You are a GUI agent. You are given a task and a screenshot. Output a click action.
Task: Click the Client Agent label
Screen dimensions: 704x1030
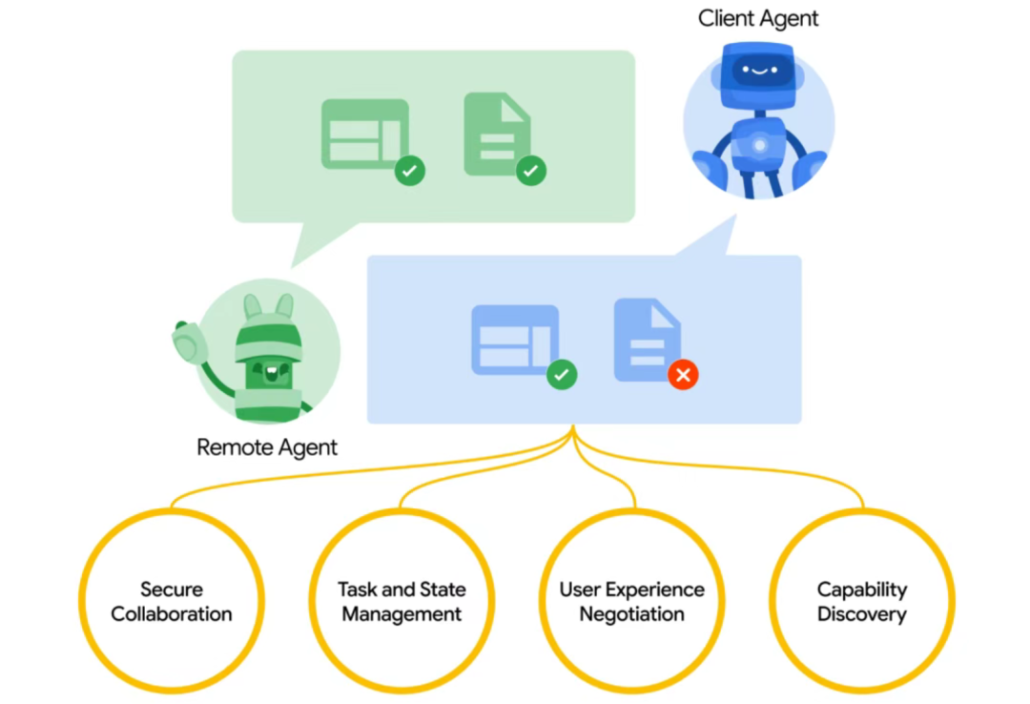[x=758, y=18]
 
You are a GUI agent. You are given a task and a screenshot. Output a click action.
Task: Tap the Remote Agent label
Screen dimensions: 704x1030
[x=267, y=447]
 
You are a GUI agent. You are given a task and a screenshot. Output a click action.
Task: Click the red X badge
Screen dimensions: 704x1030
[x=683, y=375]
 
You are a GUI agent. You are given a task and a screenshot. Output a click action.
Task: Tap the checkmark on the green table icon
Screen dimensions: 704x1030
[x=410, y=172]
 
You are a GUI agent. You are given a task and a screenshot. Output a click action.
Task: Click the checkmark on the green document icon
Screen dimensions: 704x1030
[x=531, y=172]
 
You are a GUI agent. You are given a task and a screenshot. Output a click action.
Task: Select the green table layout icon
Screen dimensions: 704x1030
[x=362, y=135]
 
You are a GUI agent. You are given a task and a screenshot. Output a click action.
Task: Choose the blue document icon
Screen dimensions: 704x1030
[x=646, y=339]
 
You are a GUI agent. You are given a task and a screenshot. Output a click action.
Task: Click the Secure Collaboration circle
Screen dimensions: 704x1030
[x=172, y=601]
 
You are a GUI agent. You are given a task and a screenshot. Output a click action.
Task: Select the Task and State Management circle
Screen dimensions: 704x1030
[x=402, y=601]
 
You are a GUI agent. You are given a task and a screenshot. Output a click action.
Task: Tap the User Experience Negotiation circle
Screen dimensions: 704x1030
[x=632, y=601]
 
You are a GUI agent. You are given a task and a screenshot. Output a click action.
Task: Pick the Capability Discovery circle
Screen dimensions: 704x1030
[x=862, y=601]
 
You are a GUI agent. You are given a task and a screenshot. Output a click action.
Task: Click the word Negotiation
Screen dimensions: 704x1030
[x=632, y=614]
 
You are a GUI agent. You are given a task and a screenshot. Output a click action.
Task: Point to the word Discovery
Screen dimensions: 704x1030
[x=862, y=614]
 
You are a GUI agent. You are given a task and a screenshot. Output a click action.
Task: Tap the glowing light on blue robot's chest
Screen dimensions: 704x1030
[x=759, y=145]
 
